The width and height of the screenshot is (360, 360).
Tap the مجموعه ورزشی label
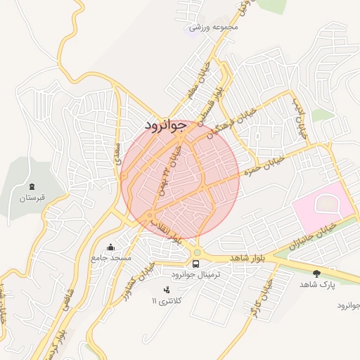tap(214, 27)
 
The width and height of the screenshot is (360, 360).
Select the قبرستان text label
tap(32, 198)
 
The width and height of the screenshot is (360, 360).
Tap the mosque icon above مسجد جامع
tap(110, 247)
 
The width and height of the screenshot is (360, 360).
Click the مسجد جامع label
tap(111, 258)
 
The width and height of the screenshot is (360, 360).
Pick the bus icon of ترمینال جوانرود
tap(195, 264)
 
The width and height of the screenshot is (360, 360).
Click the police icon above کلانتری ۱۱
tap(167, 289)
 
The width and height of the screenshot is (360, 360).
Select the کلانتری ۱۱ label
tap(166, 300)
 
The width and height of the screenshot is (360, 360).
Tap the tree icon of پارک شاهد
tap(316, 273)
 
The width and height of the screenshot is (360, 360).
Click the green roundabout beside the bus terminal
tap(197, 252)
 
